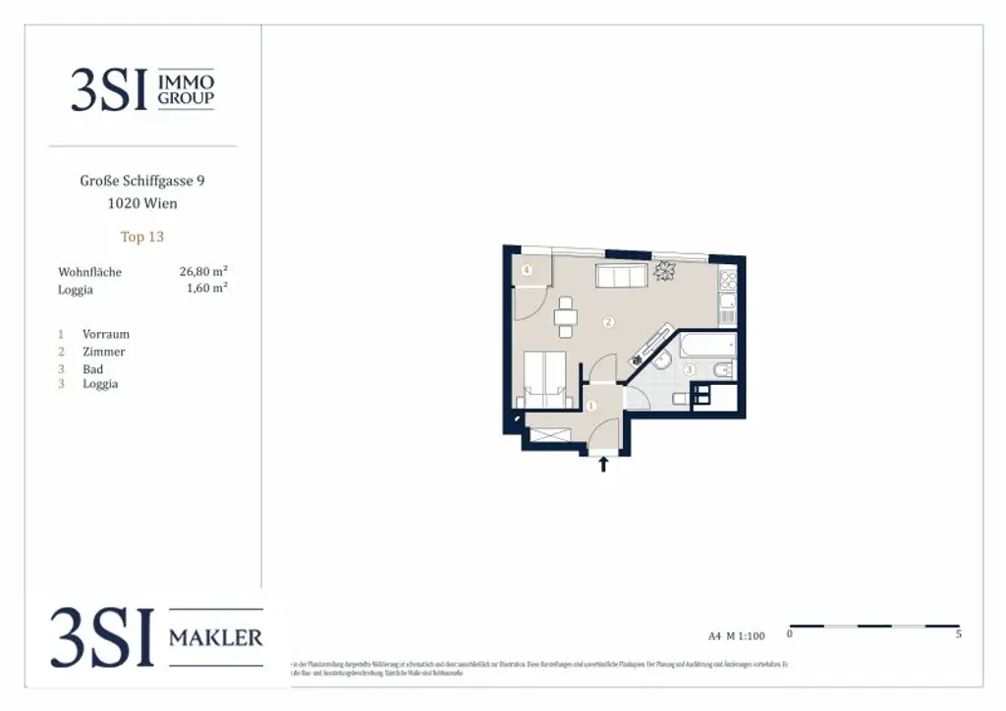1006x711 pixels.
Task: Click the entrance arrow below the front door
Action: pos(603,464)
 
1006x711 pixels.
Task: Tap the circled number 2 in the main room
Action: pos(608,321)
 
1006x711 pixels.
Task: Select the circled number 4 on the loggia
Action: pos(528,270)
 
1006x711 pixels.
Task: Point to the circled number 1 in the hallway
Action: pos(590,405)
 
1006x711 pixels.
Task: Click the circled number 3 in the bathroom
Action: pos(690,370)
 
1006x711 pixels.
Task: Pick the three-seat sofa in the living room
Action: pos(622,276)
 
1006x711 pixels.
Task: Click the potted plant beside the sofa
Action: pos(667,270)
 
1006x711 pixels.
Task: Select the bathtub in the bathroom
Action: pos(707,346)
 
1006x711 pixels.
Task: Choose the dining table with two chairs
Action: pos(565,316)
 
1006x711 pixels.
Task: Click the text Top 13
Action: pos(141,237)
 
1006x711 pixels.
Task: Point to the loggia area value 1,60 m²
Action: pos(206,289)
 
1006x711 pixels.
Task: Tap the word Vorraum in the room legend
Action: pos(106,334)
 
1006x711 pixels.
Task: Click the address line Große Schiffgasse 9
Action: pos(142,181)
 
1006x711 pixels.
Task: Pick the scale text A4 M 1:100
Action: pos(736,635)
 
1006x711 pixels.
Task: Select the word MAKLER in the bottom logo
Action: pos(216,638)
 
